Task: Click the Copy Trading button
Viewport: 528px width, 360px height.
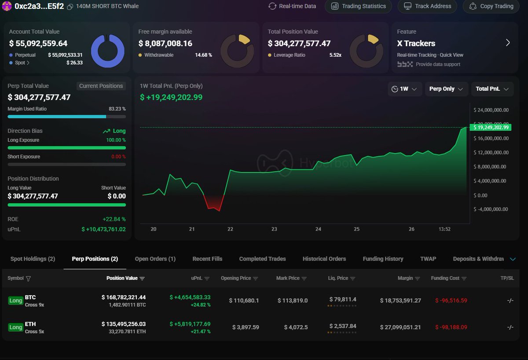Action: click(x=491, y=6)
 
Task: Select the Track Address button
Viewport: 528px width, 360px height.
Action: click(x=427, y=6)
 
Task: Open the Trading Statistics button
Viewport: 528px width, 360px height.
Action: click(x=359, y=6)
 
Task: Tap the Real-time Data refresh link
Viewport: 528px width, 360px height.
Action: click(x=292, y=6)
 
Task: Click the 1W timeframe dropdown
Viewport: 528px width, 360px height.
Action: click(x=405, y=89)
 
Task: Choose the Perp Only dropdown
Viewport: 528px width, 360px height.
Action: click(x=446, y=89)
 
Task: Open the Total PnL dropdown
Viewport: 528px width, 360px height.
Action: click(x=492, y=89)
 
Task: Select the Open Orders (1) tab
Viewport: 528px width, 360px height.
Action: click(x=155, y=259)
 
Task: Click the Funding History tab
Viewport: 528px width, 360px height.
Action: click(x=383, y=259)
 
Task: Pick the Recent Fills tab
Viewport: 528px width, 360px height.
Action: click(x=207, y=259)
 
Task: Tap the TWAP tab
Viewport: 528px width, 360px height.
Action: click(x=428, y=259)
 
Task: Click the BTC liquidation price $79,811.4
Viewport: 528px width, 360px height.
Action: click(x=343, y=300)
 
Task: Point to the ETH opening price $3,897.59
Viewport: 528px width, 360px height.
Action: click(x=246, y=327)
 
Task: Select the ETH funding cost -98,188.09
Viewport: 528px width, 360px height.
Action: click(x=451, y=327)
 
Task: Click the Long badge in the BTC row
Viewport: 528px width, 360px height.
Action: click(x=16, y=301)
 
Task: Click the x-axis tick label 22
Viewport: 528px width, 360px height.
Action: click(x=230, y=229)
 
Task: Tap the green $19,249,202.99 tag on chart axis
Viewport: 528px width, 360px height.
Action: click(x=490, y=128)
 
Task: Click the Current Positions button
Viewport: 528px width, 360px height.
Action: click(x=101, y=86)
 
